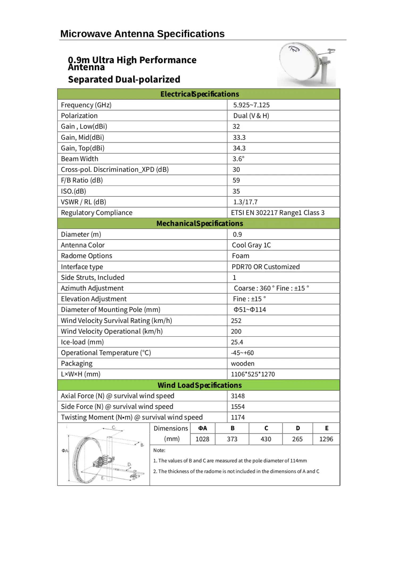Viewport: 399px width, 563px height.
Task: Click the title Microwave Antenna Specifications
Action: (142, 34)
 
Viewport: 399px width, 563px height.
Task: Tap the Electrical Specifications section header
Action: (199, 94)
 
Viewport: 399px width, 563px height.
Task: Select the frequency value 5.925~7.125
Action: (251, 105)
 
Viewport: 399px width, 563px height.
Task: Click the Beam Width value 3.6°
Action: (238, 159)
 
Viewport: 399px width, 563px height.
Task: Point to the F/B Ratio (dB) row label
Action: (82, 180)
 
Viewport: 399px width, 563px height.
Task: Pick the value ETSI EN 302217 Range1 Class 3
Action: (278, 213)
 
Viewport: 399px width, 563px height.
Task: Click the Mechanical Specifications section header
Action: (199, 223)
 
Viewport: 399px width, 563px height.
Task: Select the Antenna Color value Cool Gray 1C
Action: (251, 245)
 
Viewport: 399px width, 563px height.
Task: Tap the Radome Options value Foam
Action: (240, 256)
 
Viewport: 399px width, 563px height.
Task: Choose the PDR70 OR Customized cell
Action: (265, 267)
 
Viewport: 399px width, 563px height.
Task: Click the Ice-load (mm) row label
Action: (82, 342)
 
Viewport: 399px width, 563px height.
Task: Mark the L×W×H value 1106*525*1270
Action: (253, 374)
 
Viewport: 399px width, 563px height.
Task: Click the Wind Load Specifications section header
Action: (199, 385)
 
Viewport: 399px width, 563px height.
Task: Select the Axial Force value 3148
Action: (238, 396)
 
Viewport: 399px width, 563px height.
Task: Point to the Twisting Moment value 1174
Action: (238, 417)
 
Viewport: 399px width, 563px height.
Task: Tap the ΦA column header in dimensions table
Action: (202, 428)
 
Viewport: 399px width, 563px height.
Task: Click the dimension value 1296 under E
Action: (326, 439)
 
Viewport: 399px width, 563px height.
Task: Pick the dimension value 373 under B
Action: (232, 439)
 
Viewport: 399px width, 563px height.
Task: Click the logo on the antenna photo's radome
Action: (294, 49)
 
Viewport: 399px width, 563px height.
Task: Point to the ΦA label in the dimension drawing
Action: (65, 451)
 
